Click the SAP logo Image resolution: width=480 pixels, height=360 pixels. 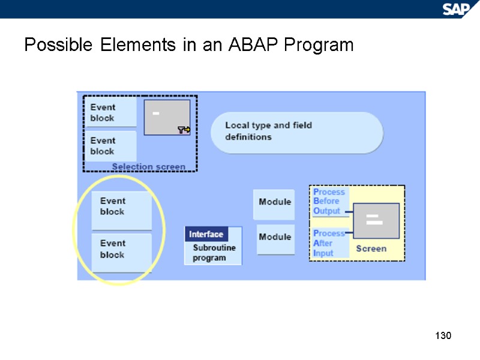(457, 8)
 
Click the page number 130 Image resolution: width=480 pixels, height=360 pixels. (442, 335)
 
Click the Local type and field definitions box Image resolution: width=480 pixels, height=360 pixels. (296, 131)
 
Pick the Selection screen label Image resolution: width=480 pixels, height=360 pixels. (149, 166)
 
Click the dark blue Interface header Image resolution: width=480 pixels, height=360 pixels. (206, 235)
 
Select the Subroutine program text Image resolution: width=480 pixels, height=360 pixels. (214, 253)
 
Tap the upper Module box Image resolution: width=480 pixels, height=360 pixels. (275, 202)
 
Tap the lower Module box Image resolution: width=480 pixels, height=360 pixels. (275, 238)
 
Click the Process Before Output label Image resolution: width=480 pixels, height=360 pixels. (329, 202)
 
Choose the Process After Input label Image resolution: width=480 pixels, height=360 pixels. (329, 243)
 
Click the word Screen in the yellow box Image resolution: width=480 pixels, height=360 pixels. (371, 248)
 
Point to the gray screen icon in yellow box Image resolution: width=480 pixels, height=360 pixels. (375, 219)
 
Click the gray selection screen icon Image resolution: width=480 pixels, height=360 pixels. (167, 117)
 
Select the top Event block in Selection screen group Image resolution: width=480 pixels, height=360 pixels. (110, 112)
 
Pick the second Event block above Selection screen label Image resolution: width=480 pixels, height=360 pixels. (110, 146)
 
